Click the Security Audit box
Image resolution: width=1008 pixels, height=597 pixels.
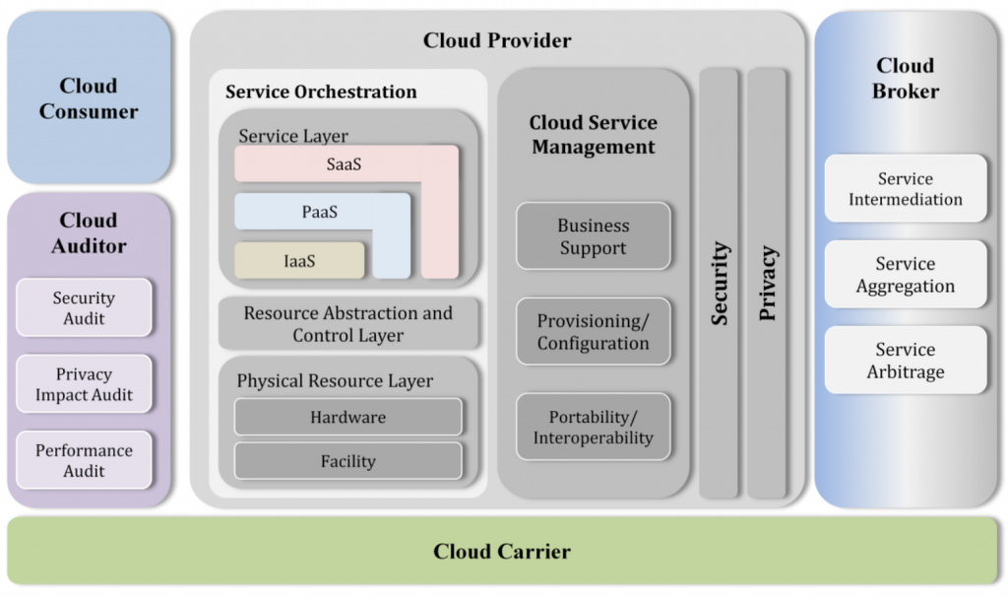coord(85,307)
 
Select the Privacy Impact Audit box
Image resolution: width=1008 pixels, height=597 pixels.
coord(85,384)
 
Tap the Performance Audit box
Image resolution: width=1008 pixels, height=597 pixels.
coord(85,460)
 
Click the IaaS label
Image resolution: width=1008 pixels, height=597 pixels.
coord(299,261)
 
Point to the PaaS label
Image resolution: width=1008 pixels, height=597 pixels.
coord(320,212)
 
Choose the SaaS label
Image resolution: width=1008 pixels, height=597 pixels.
coord(344,165)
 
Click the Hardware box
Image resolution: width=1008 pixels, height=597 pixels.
coord(347,417)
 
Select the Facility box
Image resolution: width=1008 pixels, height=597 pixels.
coord(347,461)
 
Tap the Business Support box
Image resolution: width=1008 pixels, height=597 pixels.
coord(594,236)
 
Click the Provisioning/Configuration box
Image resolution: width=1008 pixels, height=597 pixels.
coord(594,331)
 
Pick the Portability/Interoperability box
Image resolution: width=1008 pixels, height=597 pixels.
coord(594,427)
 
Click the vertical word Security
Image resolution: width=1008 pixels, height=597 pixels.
coord(720,284)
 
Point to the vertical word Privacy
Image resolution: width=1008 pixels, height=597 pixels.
coord(768,283)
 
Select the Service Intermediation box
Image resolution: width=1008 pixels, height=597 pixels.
coord(906,188)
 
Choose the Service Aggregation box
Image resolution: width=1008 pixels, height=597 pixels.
coord(906,274)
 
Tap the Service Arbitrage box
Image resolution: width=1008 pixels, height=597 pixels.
coord(906,361)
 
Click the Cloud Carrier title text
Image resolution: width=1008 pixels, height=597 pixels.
coord(502,552)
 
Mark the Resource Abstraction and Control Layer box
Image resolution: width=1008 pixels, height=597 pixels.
coord(348,323)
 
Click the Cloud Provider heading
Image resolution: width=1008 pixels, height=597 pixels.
coord(497,40)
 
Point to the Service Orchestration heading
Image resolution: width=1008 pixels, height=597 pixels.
coord(321,92)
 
